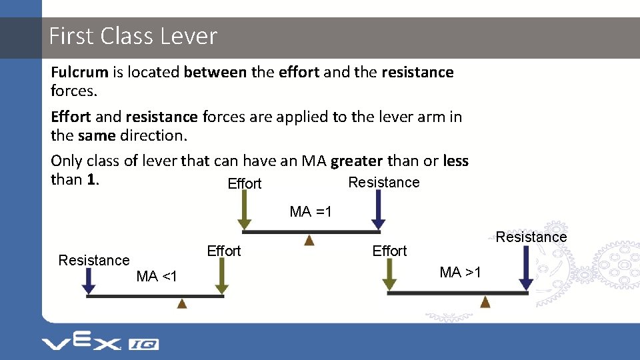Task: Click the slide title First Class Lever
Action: [x=133, y=36]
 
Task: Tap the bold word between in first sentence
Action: [x=215, y=72]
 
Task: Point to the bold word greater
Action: [x=357, y=161]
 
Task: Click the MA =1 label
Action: [x=311, y=212]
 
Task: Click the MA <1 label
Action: [x=157, y=276]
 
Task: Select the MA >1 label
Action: [x=461, y=272]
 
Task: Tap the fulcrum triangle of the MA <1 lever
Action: [x=182, y=303]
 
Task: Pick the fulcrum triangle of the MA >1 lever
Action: [x=485, y=301]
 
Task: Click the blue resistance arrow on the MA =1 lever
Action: [x=378, y=212]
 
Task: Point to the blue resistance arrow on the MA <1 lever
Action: [x=89, y=282]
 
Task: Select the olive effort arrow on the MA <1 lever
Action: [x=222, y=279]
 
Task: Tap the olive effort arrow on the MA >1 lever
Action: [x=391, y=275]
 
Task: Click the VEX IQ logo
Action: [x=100, y=343]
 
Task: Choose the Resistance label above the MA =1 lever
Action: [x=384, y=183]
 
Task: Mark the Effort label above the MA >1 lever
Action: [x=389, y=251]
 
